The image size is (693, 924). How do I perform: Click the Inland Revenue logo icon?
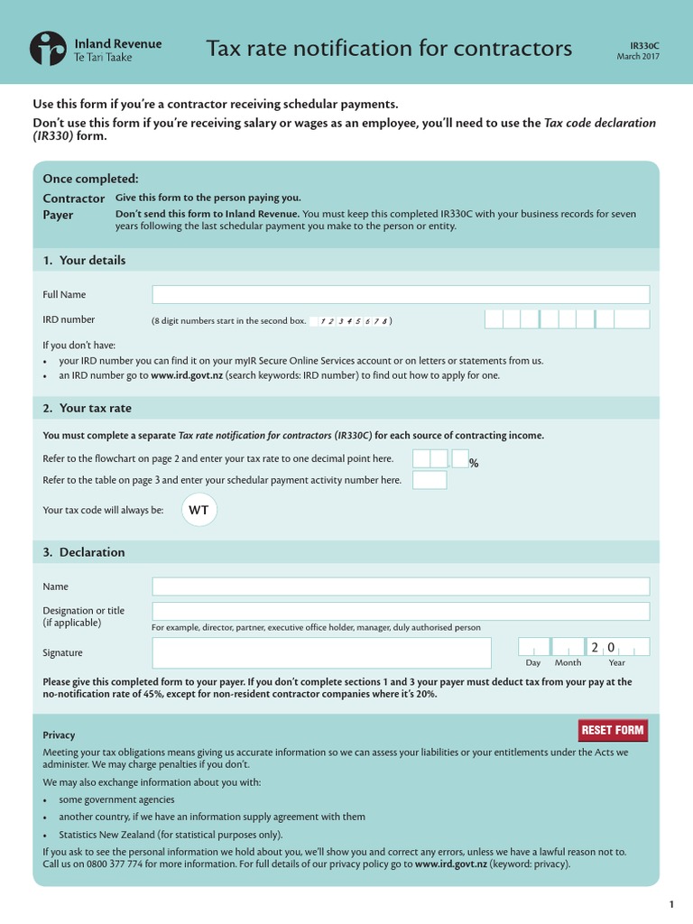(48, 49)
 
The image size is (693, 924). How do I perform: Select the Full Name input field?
(401, 295)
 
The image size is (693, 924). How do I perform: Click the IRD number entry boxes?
(567, 319)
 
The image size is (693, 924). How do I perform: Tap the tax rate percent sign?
(474, 463)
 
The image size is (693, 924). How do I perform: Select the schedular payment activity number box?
(430, 480)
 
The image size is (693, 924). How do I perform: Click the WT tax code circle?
(199, 510)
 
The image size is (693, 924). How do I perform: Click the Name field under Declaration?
(401, 587)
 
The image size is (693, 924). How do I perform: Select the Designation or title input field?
(401, 611)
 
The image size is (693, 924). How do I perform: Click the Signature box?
(322, 652)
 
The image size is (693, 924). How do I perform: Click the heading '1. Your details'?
(84, 261)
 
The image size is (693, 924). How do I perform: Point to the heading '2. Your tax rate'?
(87, 409)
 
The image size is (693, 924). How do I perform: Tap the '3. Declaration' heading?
(84, 552)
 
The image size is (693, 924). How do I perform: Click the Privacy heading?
(60, 735)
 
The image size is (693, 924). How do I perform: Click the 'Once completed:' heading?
(90, 179)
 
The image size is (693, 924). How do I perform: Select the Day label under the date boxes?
(532, 663)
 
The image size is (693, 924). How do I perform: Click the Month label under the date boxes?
(568, 663)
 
